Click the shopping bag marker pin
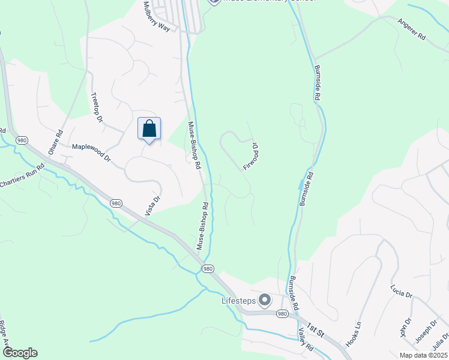pos(149,130)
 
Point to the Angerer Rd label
pos(411,29)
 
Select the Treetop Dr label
pos(96,107)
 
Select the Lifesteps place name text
pos(238,300)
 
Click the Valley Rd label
pos(306,341)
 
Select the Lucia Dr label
pos(400,291)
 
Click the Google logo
pos(20,353)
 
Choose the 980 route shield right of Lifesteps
pos(282,314)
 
